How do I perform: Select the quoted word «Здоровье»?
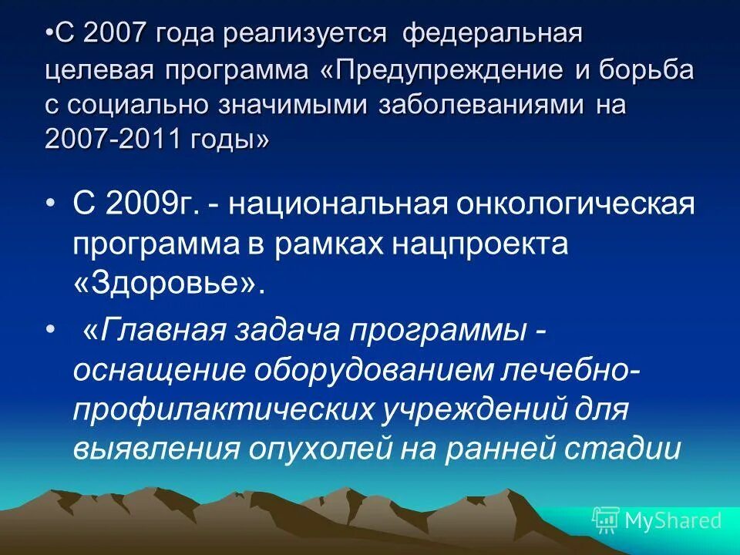[170, 284]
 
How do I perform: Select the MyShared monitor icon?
[606, 520]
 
